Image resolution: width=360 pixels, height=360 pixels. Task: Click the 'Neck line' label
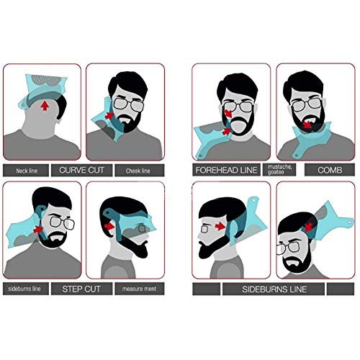[x=27, y=171]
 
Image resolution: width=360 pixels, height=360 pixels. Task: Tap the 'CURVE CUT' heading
[x=81, y=170]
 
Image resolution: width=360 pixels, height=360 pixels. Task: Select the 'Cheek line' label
[x=138, y=171]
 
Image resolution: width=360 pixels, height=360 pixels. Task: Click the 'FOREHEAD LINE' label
[x=226, y=170]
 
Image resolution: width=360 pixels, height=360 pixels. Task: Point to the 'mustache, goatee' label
[x=279, y=170]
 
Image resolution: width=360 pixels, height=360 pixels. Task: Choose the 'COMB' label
[x=330, y=170]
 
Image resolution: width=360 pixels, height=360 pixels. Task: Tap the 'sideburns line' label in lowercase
[x=24, y=289]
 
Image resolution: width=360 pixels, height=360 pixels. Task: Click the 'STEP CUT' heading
[x=81, y=289]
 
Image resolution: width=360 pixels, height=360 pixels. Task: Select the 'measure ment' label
[x=139, y=289]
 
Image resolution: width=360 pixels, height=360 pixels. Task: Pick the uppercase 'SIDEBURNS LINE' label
[x=274, y=289]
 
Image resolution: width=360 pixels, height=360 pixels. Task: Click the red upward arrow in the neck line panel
[x=45, y=106]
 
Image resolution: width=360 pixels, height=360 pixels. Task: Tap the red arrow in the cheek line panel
[x=109, y=115]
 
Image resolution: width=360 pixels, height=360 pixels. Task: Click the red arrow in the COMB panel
[x=307, y=125]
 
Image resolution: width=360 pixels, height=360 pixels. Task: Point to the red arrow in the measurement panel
[x=109, y=226]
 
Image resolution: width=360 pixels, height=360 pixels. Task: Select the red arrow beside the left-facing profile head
[x=220, y=226]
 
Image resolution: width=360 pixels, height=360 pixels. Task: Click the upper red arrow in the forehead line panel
[x=228, y=113]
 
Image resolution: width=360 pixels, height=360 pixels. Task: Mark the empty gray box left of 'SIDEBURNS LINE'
[x=207, y=289]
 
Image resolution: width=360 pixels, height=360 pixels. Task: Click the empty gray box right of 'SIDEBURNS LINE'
[x=341, y=289]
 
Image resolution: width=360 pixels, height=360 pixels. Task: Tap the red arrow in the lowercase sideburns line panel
[x=38, y=230]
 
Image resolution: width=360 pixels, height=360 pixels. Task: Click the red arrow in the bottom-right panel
[x=309, y=226]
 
